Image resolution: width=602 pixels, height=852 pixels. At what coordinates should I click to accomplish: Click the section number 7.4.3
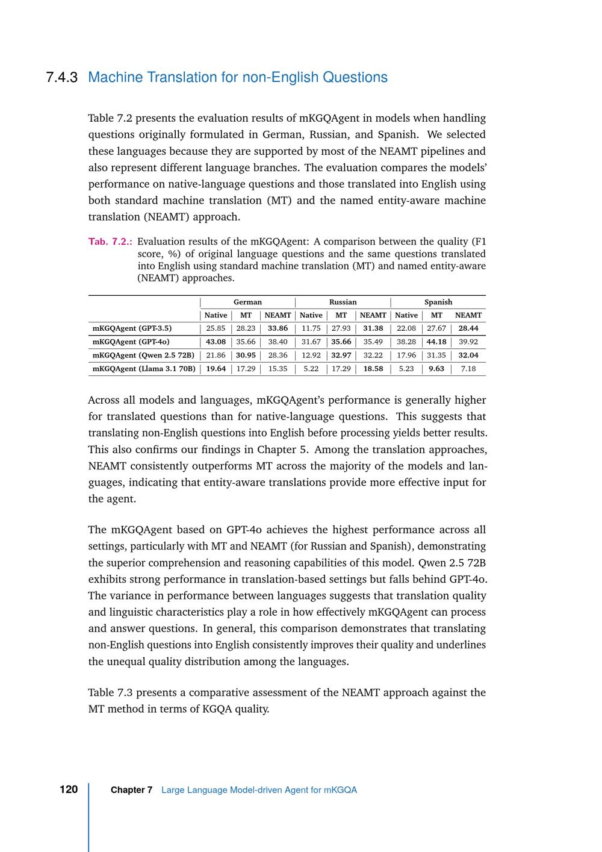click(61, 78)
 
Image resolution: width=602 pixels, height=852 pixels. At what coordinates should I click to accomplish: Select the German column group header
click(247, 302)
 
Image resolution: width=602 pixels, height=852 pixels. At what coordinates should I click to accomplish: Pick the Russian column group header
click(343, 302)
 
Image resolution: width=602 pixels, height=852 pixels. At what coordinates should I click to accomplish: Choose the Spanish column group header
click(438, 302)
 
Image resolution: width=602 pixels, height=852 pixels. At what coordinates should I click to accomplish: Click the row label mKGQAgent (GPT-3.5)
click(132, 328)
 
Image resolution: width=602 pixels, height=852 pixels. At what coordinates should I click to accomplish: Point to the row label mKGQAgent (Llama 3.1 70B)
click(143, 368)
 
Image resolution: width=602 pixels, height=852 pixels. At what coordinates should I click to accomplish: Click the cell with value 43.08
click(216, 342)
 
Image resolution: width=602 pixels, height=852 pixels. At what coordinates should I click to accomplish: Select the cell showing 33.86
click(278, 328)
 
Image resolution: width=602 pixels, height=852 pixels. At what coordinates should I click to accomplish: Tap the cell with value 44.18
click(436, 342)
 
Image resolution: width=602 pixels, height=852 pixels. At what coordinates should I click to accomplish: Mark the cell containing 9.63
click(436, 368)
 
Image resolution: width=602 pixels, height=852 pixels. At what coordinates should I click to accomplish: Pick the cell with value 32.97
click(341, 355)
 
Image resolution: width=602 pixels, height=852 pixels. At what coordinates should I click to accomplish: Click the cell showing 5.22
click(311, 368)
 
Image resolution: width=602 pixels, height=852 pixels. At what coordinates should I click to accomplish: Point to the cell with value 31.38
click(373, 328)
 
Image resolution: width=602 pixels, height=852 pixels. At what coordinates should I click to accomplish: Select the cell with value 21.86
click(216, 355)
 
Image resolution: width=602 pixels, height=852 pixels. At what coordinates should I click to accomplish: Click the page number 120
click(69, 789)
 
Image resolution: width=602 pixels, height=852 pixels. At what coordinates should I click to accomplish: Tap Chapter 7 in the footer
click(131, 790)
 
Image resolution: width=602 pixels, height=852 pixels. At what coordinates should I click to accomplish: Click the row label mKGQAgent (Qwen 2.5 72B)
click(143, 355)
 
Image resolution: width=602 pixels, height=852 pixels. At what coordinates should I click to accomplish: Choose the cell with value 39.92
click(468, 342)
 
